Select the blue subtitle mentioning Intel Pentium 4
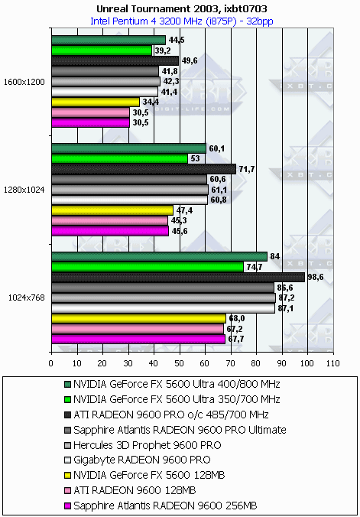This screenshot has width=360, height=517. (182, 21)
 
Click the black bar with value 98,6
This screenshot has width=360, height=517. (178, 278)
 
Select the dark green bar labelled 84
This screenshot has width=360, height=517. (159, 256)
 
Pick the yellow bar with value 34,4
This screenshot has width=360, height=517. (96, 102)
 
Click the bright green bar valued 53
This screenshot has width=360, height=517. (119, 159)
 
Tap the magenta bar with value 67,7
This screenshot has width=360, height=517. (138, 340)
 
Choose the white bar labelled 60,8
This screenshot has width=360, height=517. (130, 200)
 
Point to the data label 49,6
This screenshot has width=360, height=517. (190, 61)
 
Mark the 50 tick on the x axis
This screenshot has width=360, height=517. (180, 363)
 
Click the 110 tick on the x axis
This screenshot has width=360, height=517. (333, 363)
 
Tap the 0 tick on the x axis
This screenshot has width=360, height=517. (51, 363)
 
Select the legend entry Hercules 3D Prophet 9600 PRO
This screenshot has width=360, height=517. (143, 445)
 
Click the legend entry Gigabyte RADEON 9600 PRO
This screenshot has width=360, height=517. (138, 460)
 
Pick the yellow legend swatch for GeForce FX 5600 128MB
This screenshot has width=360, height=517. (67, 475)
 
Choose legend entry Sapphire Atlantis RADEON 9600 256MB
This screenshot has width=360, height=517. (161, 505)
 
